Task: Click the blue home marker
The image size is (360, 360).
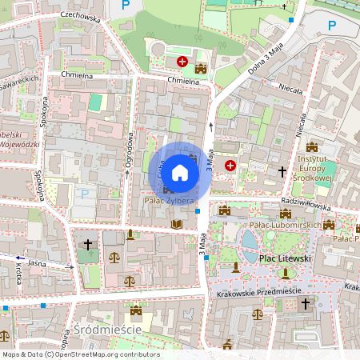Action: tap(180, 172)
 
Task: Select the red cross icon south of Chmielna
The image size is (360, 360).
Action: tap(182, 61)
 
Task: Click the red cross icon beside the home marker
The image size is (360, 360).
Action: tap(231, 165)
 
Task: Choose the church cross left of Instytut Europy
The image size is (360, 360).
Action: tap(282, 170)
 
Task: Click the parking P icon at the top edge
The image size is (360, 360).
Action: tap(123, 5)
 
